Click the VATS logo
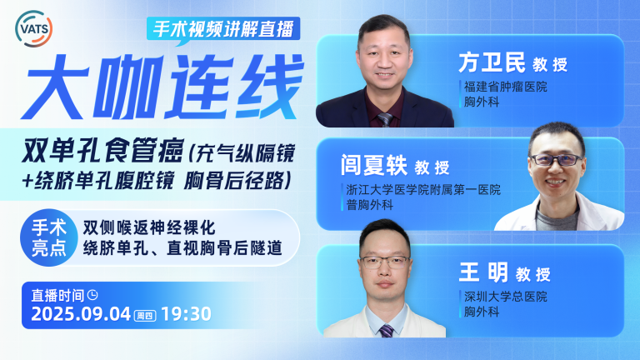tap(34, 28)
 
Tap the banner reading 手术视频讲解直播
tap(223, 29)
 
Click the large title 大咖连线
tap(163, 87)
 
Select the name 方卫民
tap(492, 62)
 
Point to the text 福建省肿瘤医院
tap(506, 87)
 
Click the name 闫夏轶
tap(374, 165)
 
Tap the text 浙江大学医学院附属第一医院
tap(423, 189)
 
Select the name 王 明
tap(483, 272)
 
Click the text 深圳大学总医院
tap(506, 297)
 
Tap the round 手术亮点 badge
tap(49, 238)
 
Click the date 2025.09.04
tap(81, 314)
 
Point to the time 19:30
tap(186, 314)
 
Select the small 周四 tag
tap(145, 316)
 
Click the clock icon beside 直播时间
tap(93, 295)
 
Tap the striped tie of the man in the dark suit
tap(385, 120)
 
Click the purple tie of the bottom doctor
tap(386, 331)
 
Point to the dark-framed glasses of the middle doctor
tap(557, 160)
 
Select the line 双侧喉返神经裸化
tap(149, 227)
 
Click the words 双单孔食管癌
tap(102, 152)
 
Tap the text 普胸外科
tap(370, 205)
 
